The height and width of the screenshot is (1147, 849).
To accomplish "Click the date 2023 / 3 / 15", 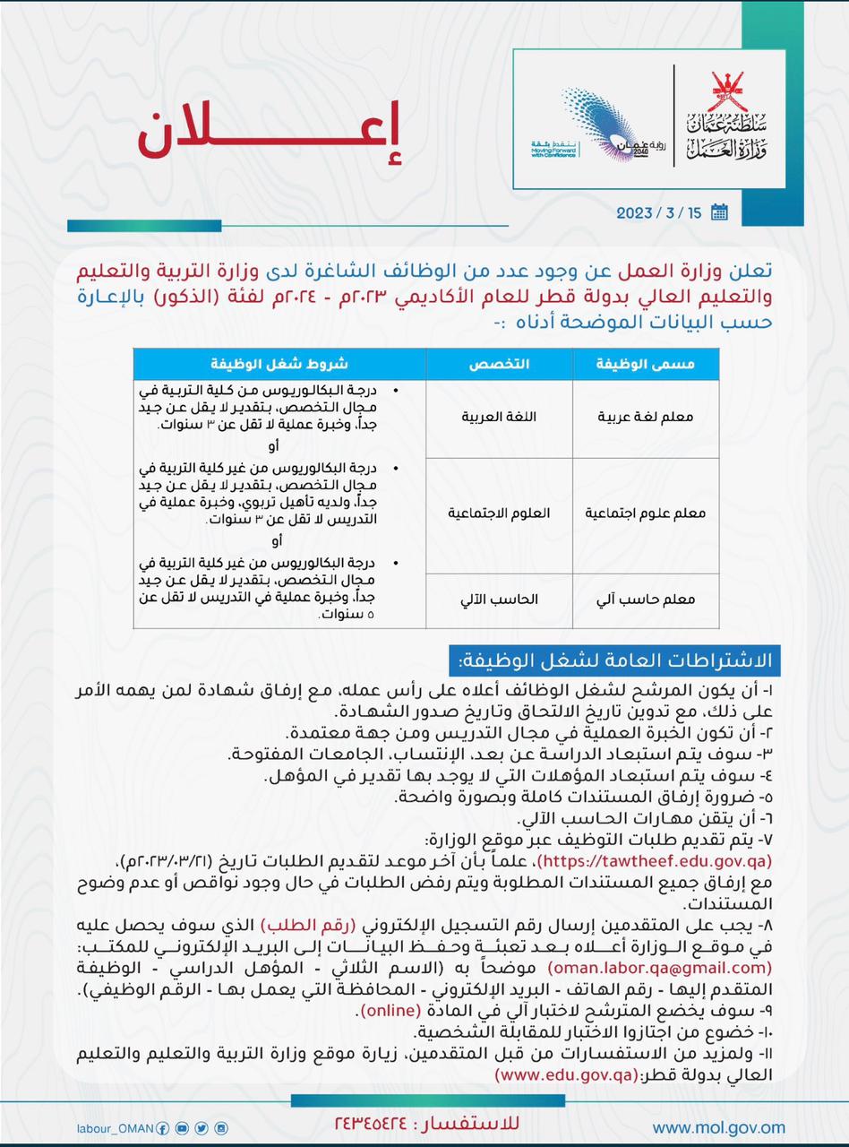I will click(659, 212).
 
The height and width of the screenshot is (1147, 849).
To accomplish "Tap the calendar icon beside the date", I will click(719, 212).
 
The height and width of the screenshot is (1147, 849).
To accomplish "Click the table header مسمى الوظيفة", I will click(645, 364).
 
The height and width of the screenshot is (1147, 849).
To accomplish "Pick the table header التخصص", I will click(499, 364).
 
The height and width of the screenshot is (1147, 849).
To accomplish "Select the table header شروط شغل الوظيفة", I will click(279, 364).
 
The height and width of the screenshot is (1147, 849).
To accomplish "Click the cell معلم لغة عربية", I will click(645, 418).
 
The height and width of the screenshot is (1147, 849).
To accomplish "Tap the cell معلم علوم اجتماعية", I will click(645, 513).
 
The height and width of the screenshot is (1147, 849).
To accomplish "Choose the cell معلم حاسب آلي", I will click(645, 599).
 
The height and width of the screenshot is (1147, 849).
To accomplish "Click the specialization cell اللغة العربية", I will click(499, 418).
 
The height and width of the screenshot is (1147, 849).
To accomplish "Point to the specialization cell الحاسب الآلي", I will click(499, 599).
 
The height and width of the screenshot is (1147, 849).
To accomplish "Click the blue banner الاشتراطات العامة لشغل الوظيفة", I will click(615, 661).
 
